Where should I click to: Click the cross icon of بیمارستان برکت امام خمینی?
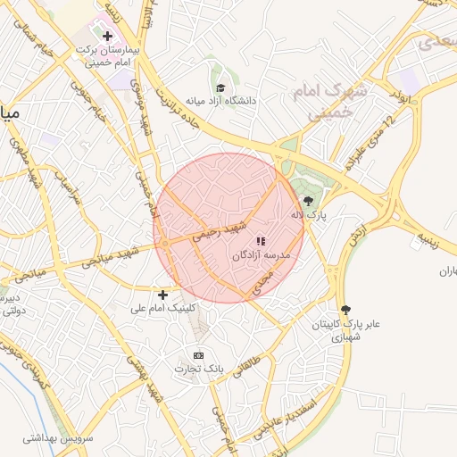(109, 36)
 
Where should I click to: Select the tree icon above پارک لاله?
(309, 201)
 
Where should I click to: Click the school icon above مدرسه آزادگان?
(261, 241)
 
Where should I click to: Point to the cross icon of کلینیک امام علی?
(162, 295)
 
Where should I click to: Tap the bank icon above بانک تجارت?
(198, 354)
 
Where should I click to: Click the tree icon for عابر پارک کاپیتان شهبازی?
(345, 310)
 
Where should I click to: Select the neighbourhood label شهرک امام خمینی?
(323, 103)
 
